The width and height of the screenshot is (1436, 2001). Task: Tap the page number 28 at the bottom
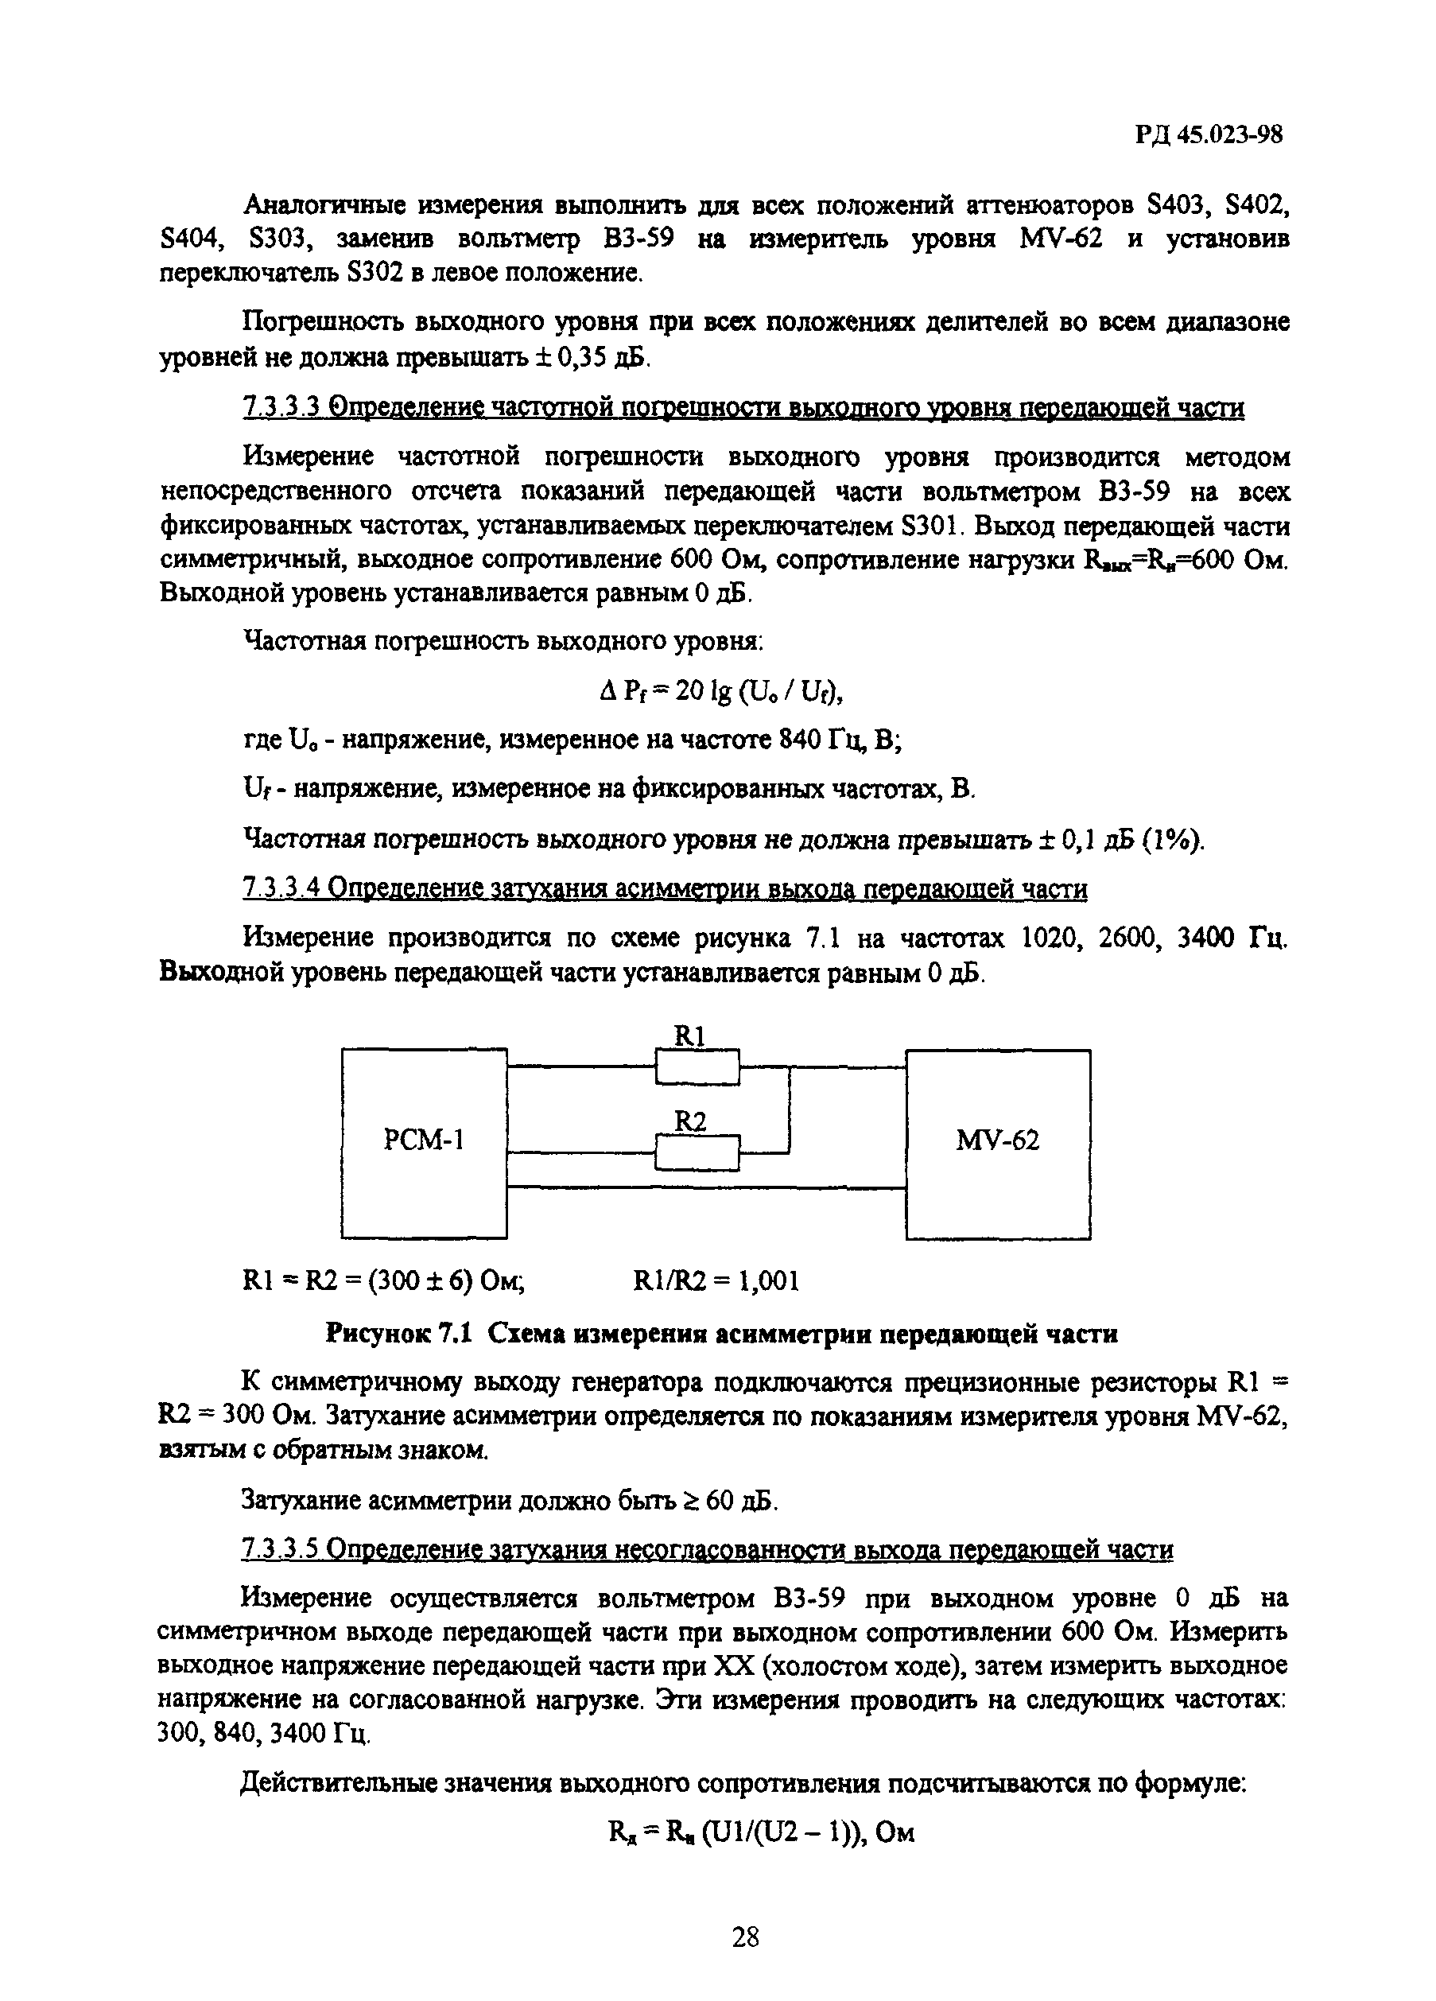745,1937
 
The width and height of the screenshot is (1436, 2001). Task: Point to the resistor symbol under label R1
697,1067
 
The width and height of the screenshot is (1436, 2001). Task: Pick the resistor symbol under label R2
697,1153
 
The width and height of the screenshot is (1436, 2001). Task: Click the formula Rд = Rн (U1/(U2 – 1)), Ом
761,1833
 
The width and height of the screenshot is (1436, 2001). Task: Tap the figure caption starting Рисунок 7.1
721,1334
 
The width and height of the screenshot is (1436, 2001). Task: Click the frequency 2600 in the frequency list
1130,938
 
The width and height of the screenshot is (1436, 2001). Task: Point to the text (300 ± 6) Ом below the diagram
443,1281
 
